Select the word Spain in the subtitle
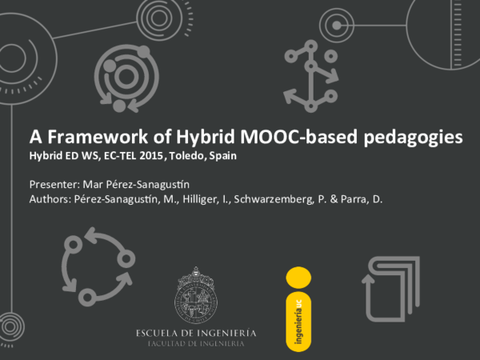[223, 157]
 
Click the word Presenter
[53, 183]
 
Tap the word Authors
[50, 199]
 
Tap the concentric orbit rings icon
[120, 78]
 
